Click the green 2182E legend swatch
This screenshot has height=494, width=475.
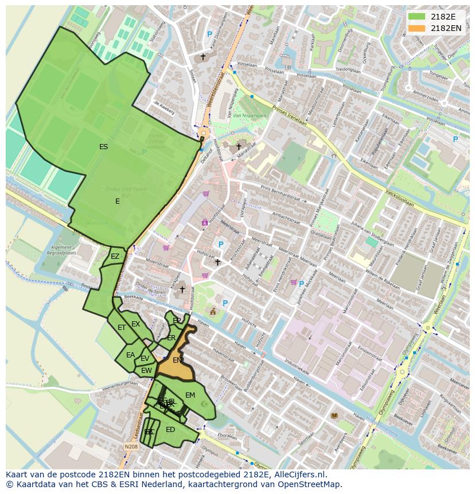tap(416, 16)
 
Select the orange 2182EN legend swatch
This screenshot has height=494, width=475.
tap(416, 28)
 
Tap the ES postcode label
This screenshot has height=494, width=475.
tap(103, 147)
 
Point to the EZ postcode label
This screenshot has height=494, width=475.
tap(115, 256)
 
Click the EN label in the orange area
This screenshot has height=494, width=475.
tap(177, 360)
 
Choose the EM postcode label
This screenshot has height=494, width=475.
tap(190, 395)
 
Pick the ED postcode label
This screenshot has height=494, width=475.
tap(170, 430)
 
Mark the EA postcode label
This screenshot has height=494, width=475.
tap(131, 355)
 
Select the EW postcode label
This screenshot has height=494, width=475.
tap(146, 371)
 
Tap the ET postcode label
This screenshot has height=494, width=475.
tap(122, 328)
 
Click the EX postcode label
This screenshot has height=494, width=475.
tap(136, 324)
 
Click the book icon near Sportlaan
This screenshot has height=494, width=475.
tap(334, 415)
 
